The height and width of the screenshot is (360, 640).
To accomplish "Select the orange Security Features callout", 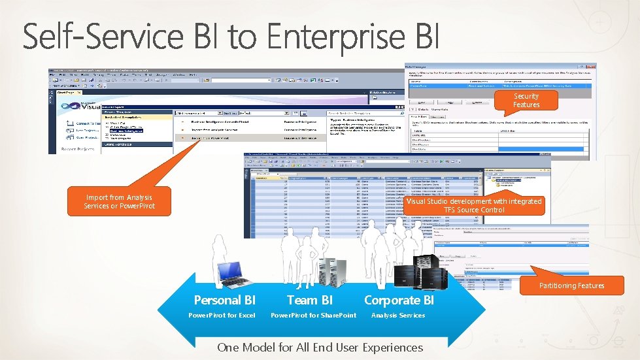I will click(x=526, y=100).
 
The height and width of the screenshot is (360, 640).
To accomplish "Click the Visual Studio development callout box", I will click(x=474, y=205).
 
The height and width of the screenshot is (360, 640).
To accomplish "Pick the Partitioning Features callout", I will click(x=571, y=285).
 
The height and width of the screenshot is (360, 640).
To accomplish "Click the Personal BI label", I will click(x=224, y=300).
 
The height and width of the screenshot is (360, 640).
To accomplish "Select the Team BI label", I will click(x=310, y=300).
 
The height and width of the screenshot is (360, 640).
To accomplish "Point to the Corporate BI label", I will click(x=399, y=300).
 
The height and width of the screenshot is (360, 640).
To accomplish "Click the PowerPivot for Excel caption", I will click(x=222, y=316).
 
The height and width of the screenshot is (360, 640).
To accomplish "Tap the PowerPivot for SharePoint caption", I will click(x=314, y=316).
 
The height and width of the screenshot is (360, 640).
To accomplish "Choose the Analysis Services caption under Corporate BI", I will click(x=397, y=316).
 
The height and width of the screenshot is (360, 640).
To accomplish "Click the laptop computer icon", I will click(x=235, y=274).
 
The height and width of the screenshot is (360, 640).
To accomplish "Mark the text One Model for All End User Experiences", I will click(x=320, y=347).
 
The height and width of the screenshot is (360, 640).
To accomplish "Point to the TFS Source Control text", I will click(x=474, y=210).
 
